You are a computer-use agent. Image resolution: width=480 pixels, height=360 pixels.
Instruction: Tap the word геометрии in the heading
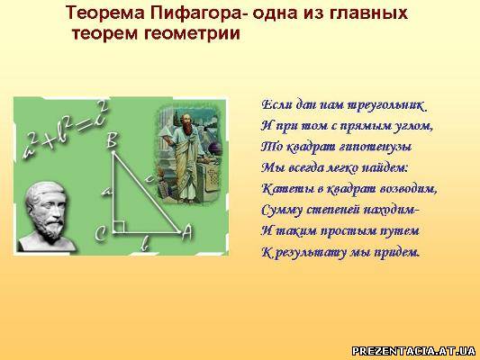pos(192,33)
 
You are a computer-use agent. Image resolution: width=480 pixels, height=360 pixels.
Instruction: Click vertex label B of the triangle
pos(112,141)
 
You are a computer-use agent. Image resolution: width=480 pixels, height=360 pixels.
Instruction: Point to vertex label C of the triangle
pos(100,235)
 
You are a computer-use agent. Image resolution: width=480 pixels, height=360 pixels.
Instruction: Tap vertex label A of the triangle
pos(186,233)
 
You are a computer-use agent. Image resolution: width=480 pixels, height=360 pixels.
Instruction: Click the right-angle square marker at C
pos(119,227)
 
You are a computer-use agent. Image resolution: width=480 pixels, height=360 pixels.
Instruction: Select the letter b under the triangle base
pos(146,245)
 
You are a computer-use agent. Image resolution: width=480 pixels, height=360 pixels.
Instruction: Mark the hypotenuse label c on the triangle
pos(149,178)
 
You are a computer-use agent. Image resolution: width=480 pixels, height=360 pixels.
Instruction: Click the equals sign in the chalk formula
pos(84,125)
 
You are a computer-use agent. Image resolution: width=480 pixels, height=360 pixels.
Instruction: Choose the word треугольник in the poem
pos(387,106)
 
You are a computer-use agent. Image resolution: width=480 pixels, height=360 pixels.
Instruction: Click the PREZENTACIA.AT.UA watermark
pos(413,350)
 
